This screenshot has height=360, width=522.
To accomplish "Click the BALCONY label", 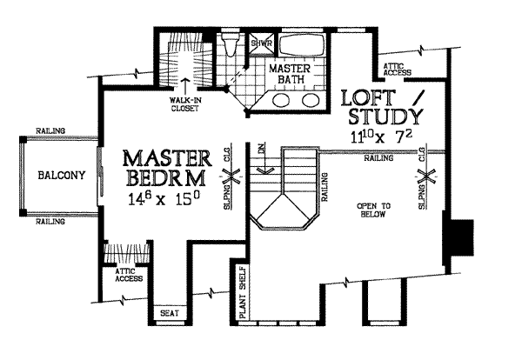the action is tap(62, 176).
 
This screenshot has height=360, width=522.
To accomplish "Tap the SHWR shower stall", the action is tap(262, 43).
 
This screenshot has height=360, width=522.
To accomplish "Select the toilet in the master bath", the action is tap(231, 44).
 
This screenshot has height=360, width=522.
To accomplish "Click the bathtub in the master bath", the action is tap(301, 44).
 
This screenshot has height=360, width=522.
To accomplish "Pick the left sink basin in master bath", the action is tap(281, 100).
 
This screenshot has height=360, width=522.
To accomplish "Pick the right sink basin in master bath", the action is tap(311, 100).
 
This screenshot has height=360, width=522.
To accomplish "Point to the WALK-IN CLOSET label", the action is tap(185, 104).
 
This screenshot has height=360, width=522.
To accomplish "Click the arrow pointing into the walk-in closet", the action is tap(185, 85).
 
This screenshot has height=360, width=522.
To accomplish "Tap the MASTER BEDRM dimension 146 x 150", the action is tap(164, 199).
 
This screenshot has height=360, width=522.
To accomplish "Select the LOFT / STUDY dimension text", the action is tap(382, 136).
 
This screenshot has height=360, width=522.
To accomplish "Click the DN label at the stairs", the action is tap(262, 148).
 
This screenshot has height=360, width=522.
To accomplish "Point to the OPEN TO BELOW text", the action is tap(373, 210).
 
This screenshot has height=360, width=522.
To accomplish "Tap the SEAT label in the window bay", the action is tap(170, 313).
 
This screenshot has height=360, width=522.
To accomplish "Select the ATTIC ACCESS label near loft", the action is tap(397, 70).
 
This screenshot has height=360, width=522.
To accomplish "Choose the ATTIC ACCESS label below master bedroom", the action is tap(129, 276).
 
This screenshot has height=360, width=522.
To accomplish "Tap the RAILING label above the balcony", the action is tap(50, 130).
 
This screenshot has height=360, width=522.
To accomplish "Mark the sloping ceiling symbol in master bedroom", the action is tap(231, 176).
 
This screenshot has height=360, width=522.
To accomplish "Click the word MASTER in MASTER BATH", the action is tap(290, 69).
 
